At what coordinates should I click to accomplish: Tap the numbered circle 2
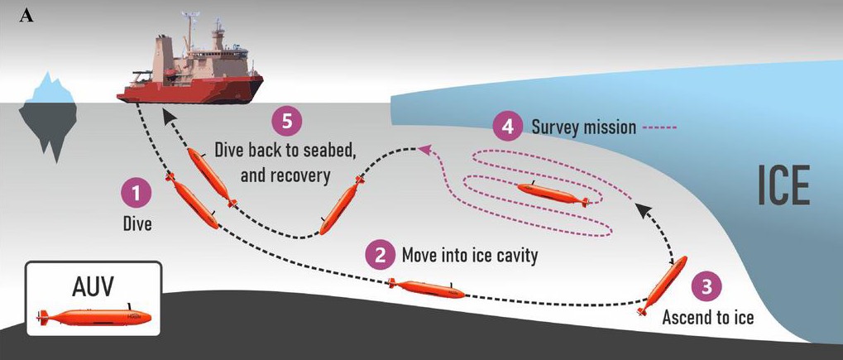point(381,255)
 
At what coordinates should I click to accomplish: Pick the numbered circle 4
point(508,127)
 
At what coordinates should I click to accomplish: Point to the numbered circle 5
point(288,121)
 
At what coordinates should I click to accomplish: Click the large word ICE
point(783,185)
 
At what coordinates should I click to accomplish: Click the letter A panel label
point(26,17)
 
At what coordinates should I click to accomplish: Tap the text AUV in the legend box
point(93,287)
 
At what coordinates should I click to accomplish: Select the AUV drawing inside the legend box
point(94,316)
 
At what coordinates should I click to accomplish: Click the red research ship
point(190,65)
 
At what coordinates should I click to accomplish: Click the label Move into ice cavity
point(470,255)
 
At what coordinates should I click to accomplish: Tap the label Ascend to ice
point(707,317)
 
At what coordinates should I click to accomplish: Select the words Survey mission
point(583,127)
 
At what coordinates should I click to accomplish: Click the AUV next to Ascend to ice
point(662,286)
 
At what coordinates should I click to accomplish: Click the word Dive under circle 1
point(137,223)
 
